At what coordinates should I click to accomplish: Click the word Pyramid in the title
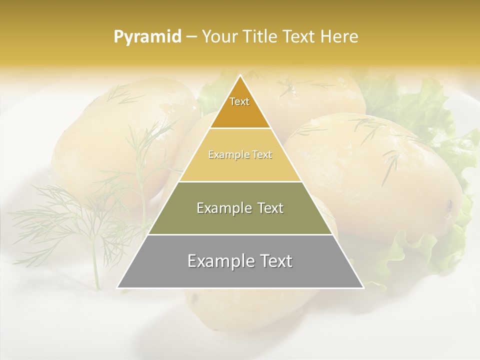(x=147, y=37)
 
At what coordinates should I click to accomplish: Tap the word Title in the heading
(x=262, y=37)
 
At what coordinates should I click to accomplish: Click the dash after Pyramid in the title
(x=191, y=37)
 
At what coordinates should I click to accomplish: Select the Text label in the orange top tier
(x=239, y=102)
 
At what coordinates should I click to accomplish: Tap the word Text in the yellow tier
(x=262, y=155)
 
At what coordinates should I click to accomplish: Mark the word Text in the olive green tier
(x=270, y=208)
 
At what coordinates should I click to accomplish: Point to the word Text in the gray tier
(x=276, y=261)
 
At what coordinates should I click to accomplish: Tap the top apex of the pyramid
(x=240, y=75)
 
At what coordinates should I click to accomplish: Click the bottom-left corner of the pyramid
(x=117, y=287)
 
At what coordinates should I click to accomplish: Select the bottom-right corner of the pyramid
(x=363, y=287)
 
